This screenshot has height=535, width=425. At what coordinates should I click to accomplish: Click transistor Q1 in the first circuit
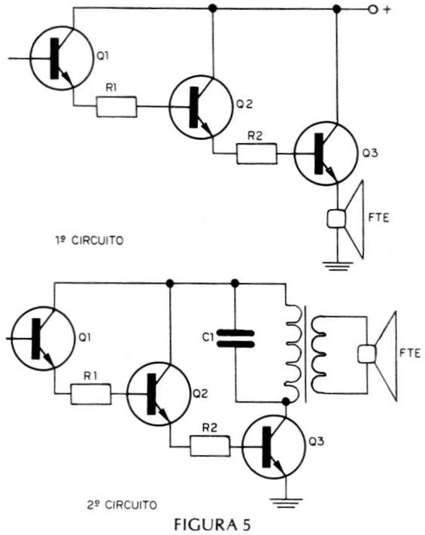(62, 59)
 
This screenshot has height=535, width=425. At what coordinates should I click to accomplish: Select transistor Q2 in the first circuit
(202, 107)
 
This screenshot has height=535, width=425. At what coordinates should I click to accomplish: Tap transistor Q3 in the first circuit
(326, 154)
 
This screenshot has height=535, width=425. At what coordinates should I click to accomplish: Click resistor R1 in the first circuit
(117, 107)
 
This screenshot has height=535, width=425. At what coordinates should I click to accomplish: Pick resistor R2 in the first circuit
(257, 154)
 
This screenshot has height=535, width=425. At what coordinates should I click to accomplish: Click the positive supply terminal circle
(373, 10)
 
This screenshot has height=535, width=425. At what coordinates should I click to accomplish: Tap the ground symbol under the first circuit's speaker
(337, 266)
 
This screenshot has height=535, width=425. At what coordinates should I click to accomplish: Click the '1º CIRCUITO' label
(90, 241)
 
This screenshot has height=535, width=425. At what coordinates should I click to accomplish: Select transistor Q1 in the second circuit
(43, 337)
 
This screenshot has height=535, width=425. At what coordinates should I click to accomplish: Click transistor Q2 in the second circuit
(159, 394)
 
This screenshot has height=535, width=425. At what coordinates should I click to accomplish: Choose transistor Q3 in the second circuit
(274, 447)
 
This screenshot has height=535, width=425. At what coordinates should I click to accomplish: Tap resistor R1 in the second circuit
(91, 394)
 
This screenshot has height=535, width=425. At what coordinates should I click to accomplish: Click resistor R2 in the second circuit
(210, 445)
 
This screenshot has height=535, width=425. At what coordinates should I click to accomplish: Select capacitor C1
(235, 339)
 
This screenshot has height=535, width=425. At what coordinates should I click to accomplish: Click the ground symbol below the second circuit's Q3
(287, 503)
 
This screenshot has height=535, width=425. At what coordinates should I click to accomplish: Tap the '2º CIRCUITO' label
(122, 504)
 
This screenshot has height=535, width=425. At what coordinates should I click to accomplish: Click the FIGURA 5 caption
(212, 524)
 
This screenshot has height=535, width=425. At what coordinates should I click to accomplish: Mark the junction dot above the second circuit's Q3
(286, 402)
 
